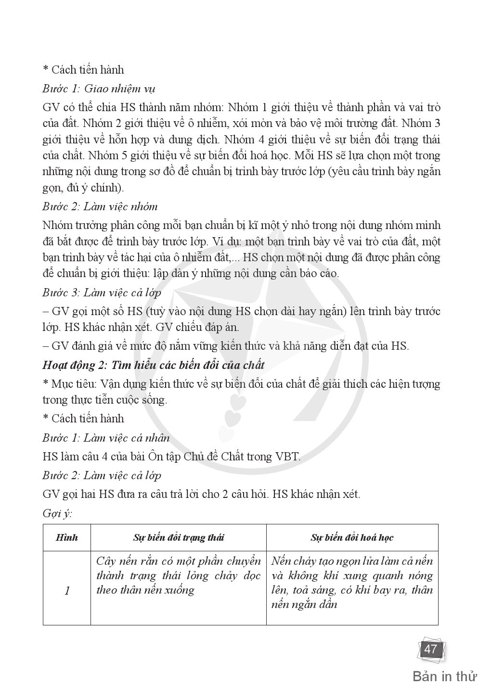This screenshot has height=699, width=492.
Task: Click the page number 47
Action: [x=430, y=649]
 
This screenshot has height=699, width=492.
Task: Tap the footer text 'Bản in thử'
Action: [x=445, y=676]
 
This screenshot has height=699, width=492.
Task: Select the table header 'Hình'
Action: [x=66, y=537]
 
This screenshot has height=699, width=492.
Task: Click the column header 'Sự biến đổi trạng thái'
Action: [x=178, y=537]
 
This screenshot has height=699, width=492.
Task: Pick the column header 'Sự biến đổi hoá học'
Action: [x=352, y=537]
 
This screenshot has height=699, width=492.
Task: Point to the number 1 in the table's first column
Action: [x=67, y=590]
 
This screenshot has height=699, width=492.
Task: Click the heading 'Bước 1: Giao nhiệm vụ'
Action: [x=99, y=89]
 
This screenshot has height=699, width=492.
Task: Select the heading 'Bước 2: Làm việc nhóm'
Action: [x=100, y=206]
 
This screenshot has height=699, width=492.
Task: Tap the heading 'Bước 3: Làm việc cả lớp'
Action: [x=102, y=292]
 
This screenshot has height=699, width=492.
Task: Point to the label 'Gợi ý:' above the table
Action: [x=57, y=513]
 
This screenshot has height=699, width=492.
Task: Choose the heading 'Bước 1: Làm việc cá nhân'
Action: [x=106, y=437]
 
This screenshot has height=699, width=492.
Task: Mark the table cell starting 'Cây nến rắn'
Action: [x=178, y=575]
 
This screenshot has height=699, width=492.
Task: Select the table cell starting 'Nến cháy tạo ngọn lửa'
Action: [x=352, y=583]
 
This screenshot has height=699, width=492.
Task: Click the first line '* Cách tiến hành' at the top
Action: [x=83, y=70]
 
